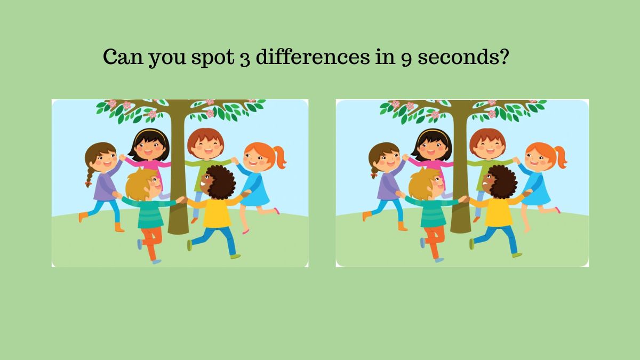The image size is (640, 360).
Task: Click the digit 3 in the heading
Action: coord(245,59)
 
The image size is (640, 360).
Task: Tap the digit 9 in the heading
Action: coord(406,59)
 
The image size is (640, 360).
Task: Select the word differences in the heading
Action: coord(313,57)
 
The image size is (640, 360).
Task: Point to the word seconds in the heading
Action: coord(463,57)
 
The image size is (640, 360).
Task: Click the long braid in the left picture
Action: coord(90,177)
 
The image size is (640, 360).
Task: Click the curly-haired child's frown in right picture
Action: coord(485,183)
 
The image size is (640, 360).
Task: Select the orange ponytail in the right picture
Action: coord(561,157)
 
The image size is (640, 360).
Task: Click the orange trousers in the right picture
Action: coord(435,242)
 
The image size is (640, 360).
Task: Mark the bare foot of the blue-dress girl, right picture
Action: coord(527,229)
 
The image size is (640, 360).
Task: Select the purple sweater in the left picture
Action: coord(105,185)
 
